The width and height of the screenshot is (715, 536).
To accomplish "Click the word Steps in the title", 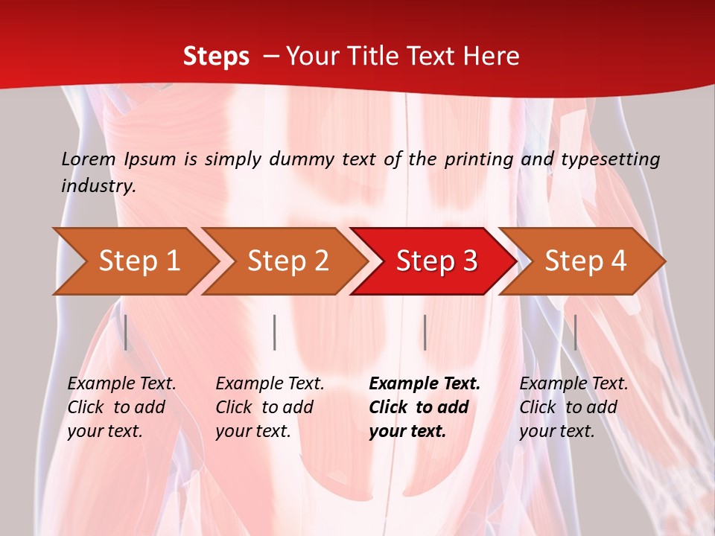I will pos(216,57).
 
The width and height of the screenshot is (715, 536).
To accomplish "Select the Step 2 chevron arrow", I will pos(287,261).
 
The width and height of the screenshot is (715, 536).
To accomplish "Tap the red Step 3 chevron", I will pos(436,261).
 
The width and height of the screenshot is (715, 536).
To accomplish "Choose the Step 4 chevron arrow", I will pos(585,261).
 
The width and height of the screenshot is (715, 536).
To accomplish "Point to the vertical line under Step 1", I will pos(126,332).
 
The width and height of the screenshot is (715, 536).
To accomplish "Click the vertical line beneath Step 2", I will pos(275,332).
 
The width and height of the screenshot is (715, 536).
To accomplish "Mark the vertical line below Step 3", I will pos(425,332).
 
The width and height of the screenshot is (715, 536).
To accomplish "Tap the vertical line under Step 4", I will pos(575,332).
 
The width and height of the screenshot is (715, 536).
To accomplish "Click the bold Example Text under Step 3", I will pos(425,384).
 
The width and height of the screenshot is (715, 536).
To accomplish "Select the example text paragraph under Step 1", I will pos(121,407).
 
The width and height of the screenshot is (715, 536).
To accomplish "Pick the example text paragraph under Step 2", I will pos(270,407).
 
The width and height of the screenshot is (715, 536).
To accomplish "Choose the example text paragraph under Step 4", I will pos(573,407).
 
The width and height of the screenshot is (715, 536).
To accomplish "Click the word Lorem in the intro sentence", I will pos(89,159).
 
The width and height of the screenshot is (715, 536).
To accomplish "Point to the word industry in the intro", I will pos(98,186).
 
